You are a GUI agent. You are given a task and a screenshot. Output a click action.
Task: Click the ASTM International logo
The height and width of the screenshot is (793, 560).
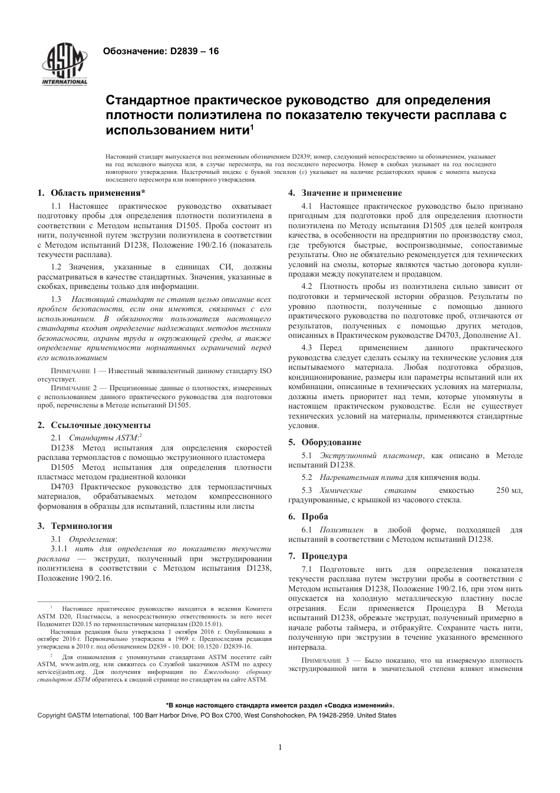point(64,64)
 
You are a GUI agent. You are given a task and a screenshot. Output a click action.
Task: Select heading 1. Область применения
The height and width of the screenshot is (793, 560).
point(91,193)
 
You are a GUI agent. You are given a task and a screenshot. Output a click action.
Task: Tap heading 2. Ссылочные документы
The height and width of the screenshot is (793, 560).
point(94,425)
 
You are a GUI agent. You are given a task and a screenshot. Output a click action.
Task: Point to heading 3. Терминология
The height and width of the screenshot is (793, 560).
point(75,526)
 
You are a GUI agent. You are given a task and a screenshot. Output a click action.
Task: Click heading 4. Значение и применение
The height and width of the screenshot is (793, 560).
point(345,193)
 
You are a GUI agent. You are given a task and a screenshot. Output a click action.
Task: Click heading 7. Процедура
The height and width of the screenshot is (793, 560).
point(318,556)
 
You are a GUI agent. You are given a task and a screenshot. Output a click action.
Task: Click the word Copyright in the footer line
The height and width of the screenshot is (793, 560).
point(52,715)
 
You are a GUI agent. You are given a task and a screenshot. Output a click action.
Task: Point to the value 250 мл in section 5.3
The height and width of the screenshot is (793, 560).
point(509,491)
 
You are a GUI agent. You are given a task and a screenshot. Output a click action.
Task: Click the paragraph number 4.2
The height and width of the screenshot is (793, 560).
point(307,287)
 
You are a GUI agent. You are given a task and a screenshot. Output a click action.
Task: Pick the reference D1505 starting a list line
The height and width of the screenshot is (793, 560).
point(62,468)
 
